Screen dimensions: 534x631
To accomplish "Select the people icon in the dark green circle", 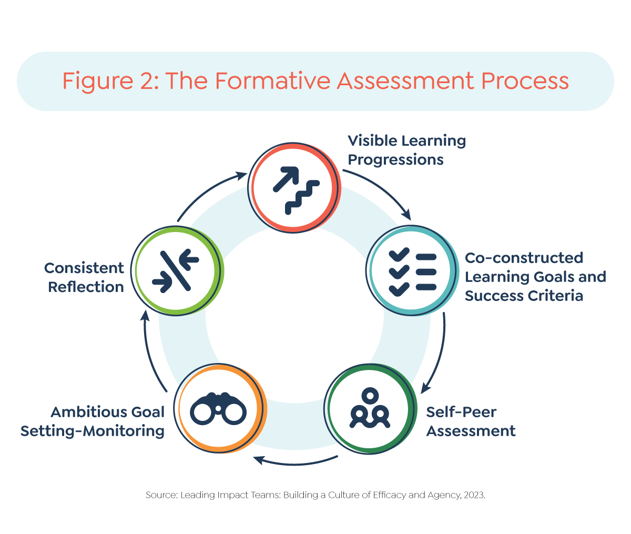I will click(x=370, y=409).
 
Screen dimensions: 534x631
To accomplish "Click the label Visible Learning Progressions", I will click(x=406, y=150).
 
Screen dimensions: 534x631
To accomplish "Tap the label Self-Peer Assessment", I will click(x=471, y=421).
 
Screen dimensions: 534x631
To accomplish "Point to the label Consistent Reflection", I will click(x=84, y=277).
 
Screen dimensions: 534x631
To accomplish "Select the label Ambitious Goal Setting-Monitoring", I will click(x=93, y=421).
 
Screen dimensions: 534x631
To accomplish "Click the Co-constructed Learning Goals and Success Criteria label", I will click(x=535, y=277).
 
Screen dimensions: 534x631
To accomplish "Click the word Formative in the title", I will click(x=272, y=82).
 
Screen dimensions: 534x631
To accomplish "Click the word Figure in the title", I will click(x=96, y=82).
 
